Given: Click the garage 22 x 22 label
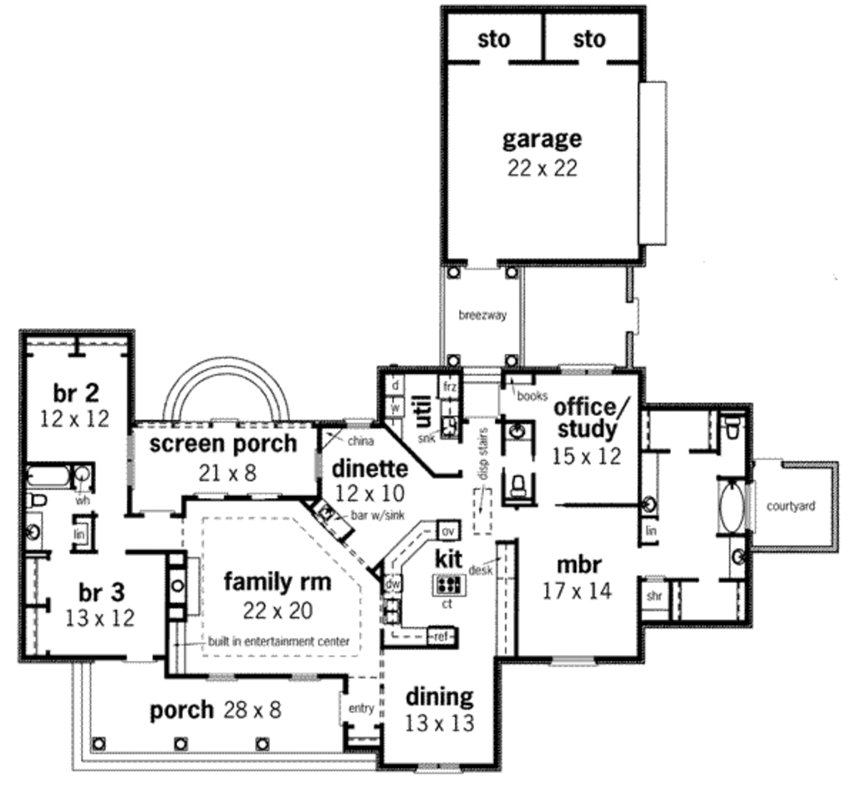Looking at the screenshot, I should (x=542, y=151).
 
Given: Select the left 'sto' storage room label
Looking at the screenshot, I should (x=494, y=39).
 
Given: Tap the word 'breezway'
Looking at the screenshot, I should (x=482, y=315).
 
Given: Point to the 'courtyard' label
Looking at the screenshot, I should (x=791, y=505).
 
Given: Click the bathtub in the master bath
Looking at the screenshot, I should (x=731, y=505).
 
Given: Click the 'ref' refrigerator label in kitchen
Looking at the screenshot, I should (x=441, y=637).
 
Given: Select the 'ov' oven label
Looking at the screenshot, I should (x=447, y=531).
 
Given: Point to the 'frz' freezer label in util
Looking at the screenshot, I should (x=450, y=387).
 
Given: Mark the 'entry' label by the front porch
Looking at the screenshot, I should (x=361, y=709).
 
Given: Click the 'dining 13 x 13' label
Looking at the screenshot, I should (x=440, y=709).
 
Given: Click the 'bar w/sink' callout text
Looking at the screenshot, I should (x=378, y=515).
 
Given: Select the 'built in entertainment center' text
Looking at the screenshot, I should (x=278, y=643).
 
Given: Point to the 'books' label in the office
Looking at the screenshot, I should (x=532, y=395).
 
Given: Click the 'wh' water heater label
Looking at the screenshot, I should (x=83, y=499).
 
